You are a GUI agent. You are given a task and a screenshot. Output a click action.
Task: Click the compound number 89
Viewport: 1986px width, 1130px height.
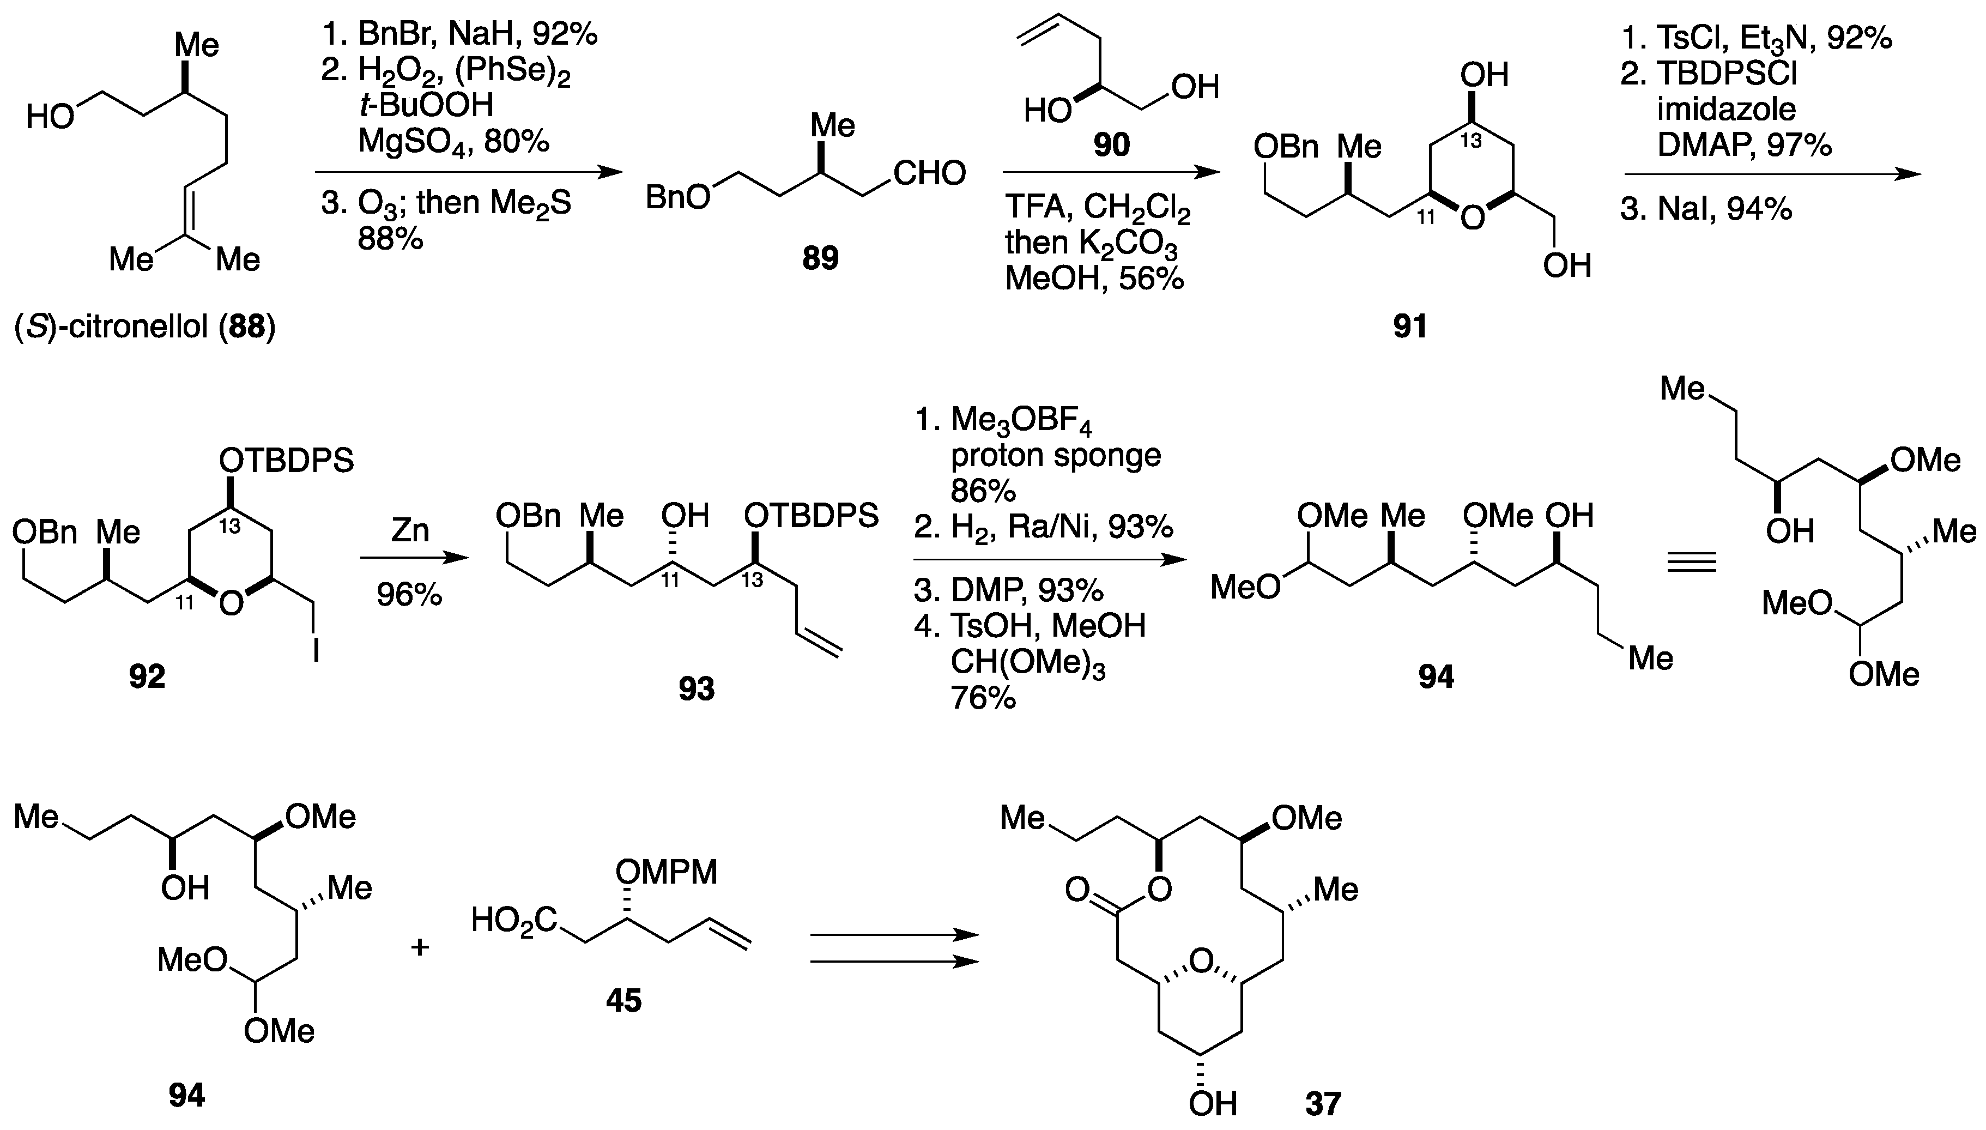click(x=820, y=258)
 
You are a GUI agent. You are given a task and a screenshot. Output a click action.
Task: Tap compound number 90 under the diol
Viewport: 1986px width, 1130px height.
click(x=1111, y=145)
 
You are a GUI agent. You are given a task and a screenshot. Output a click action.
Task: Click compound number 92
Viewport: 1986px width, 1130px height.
click(x=147, y=677)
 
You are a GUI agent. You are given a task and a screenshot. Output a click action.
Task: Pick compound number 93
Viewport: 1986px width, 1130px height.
click(x=696, y=688)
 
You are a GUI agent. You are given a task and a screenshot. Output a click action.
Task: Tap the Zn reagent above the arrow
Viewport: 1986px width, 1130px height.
click(x=410, y=531)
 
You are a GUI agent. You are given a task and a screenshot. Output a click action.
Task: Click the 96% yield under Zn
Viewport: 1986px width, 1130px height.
click(x=410, y=595)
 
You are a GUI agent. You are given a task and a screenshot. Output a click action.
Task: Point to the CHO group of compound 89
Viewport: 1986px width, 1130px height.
click(x=929, y=173)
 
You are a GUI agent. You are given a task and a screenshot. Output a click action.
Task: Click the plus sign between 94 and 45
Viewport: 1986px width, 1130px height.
click(x=420, y=947)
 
